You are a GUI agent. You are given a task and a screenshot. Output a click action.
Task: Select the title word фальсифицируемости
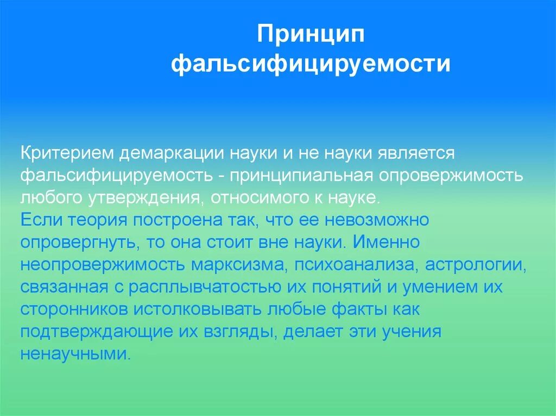[x=311, y=64]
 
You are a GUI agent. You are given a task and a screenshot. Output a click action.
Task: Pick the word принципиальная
[x=300, y=176]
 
